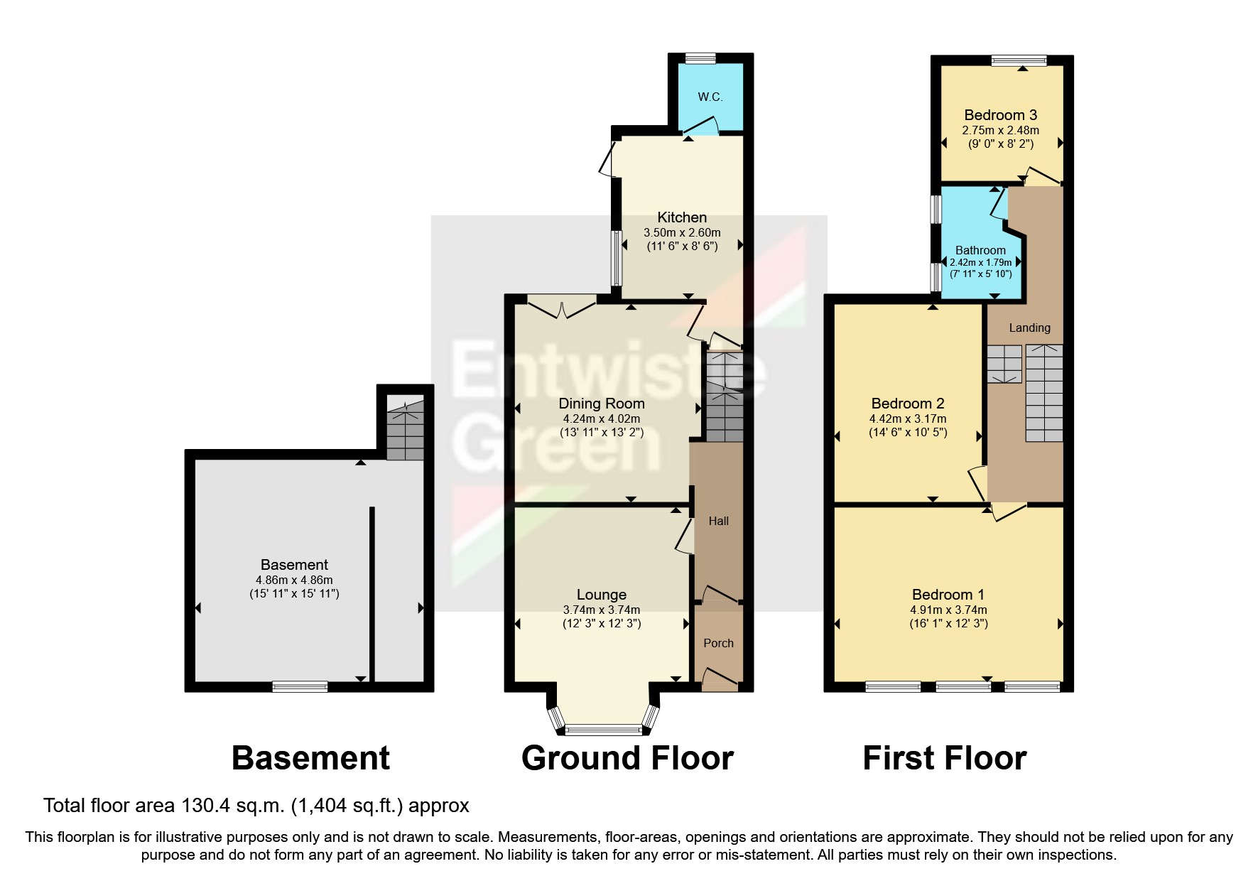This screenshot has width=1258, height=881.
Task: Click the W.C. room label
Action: point(710,97)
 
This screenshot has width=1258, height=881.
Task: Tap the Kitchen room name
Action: point(682,217)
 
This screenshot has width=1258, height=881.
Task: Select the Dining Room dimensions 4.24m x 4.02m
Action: point(601,418)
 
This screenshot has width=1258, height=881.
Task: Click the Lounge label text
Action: point(601,595)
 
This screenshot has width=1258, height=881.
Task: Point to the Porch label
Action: point(718,643)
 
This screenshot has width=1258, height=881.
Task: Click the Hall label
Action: point(718,521)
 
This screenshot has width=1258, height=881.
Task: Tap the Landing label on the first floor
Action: point(1029,328)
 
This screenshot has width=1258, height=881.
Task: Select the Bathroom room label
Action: point(980,250)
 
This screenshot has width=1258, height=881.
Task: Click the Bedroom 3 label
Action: point(1000,115)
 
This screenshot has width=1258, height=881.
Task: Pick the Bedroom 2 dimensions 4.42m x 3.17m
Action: point(908,418)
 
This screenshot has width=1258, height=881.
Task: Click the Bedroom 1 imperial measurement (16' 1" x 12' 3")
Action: point(948,624)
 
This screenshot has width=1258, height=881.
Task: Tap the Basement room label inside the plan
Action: point(294,565)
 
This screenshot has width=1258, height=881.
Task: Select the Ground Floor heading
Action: point(627,758)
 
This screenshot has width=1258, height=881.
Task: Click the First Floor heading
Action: point(944,758)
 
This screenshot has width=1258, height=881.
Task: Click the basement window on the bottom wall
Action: point(300,686)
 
